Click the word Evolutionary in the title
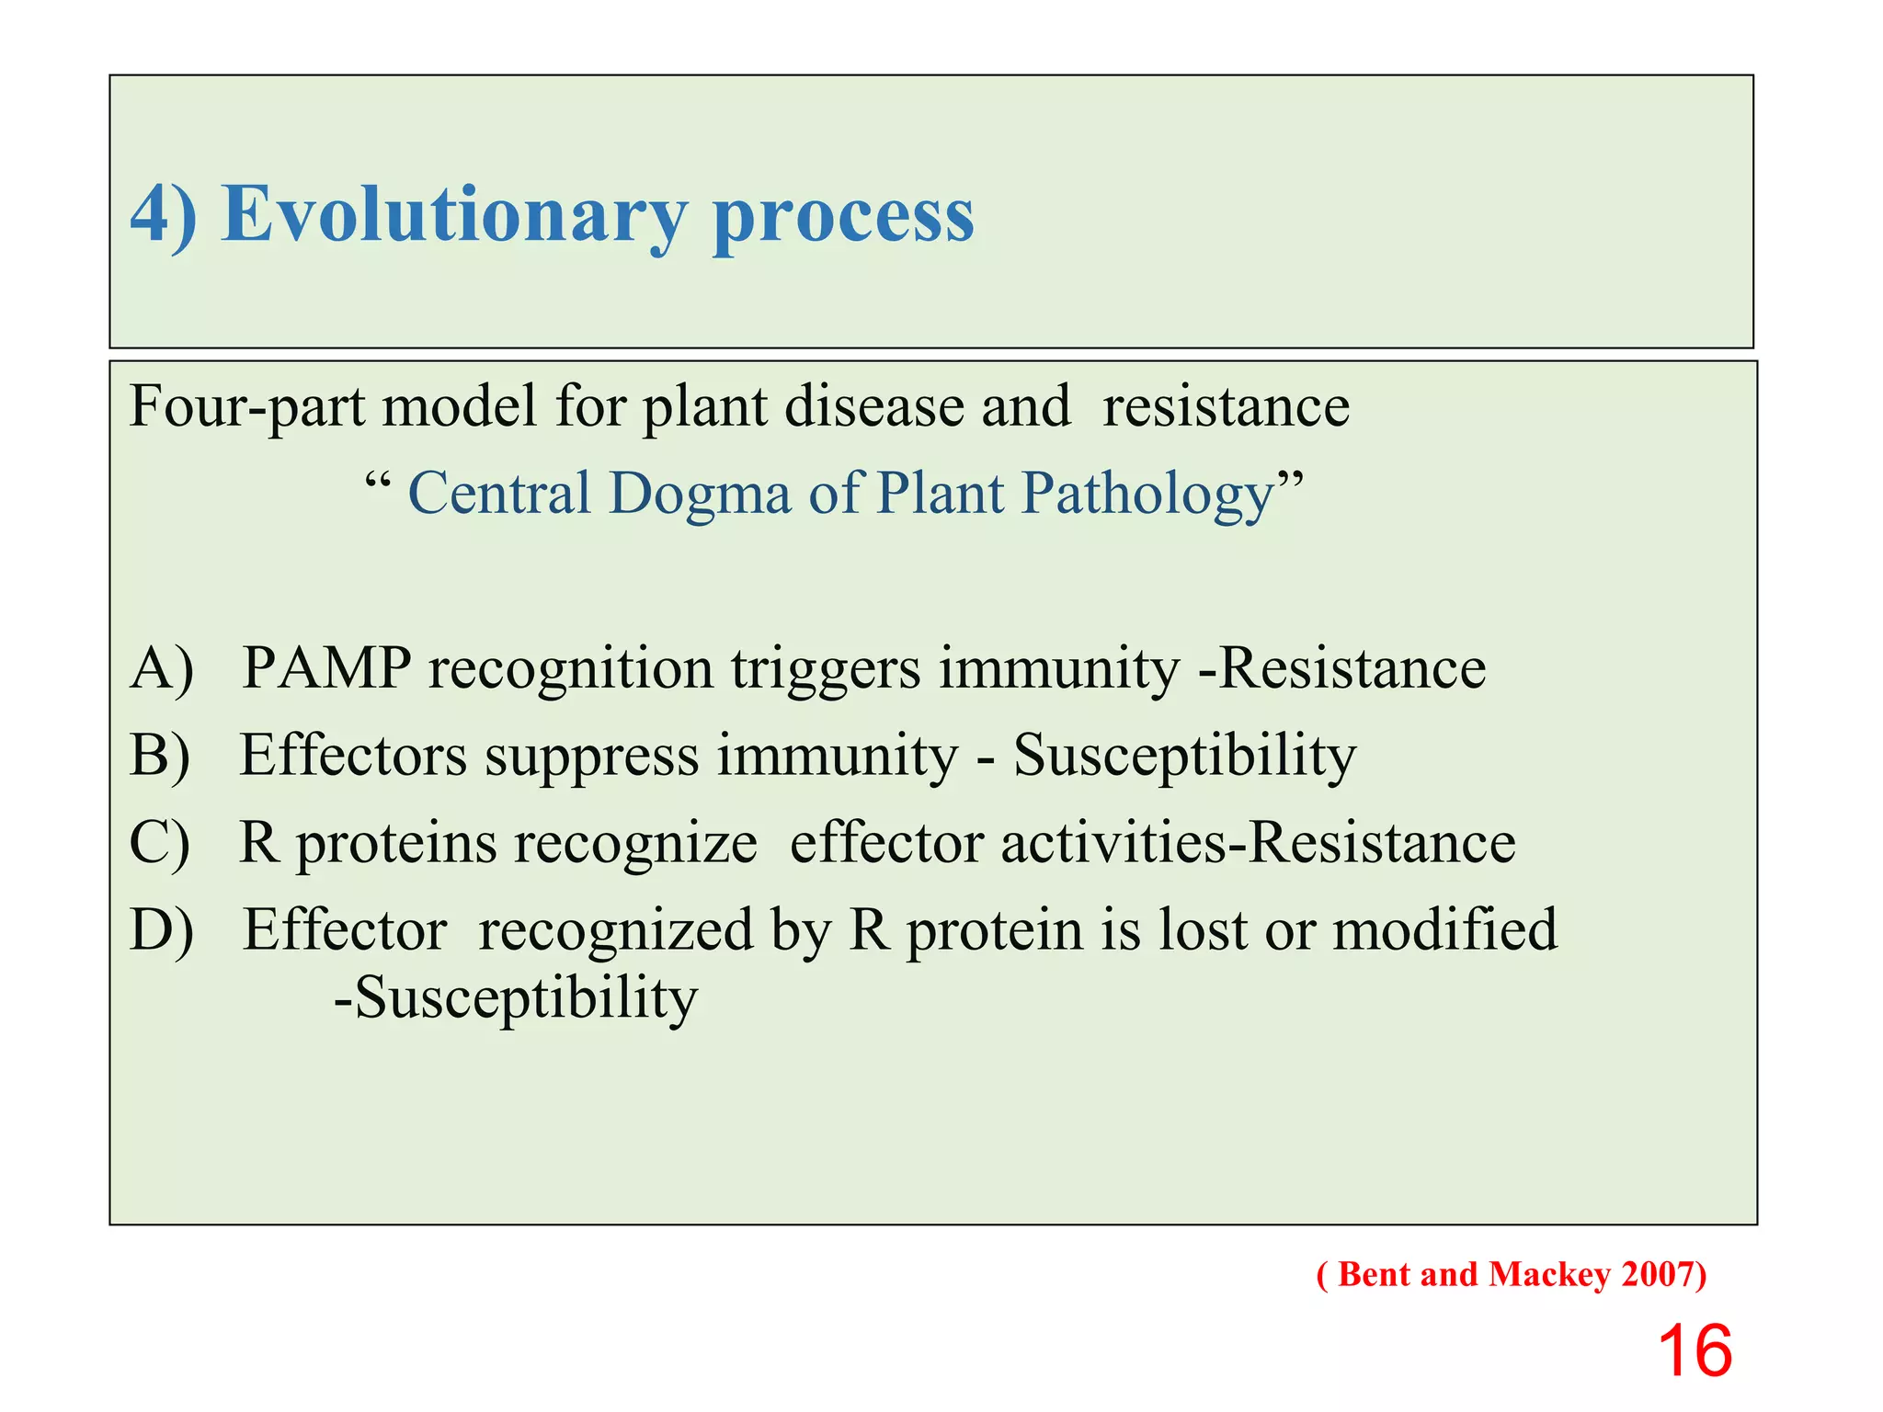click(453, 214)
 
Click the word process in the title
click(842, 216)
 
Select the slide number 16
click(1694, 1350)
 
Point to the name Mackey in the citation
click(1549, 1275)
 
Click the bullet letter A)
click(162, 668)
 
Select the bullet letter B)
click(160, 756)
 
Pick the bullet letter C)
click(160, 843)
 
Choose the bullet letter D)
click(162, 929)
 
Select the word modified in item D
click(1444, 929)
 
